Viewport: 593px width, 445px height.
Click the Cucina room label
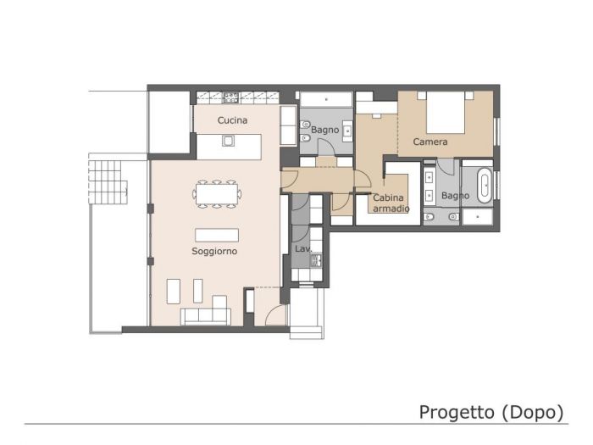(232, 120)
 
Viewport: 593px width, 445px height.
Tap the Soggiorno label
(214, 252)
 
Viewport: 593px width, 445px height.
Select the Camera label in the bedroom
(430, 142)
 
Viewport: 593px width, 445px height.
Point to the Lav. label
(303, 248)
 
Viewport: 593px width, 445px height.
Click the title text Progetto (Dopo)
(491, 412)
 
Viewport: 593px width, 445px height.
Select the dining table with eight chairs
(217, 193)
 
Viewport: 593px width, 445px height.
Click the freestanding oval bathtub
(484, 186)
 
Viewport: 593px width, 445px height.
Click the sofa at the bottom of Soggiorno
(206, 315)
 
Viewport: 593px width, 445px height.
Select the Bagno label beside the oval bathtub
(455, 196)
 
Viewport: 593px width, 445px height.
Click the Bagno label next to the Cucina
(324, 130)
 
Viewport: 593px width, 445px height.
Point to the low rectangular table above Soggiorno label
(217, 235)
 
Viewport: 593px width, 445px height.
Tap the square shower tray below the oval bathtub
(477, 217)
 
